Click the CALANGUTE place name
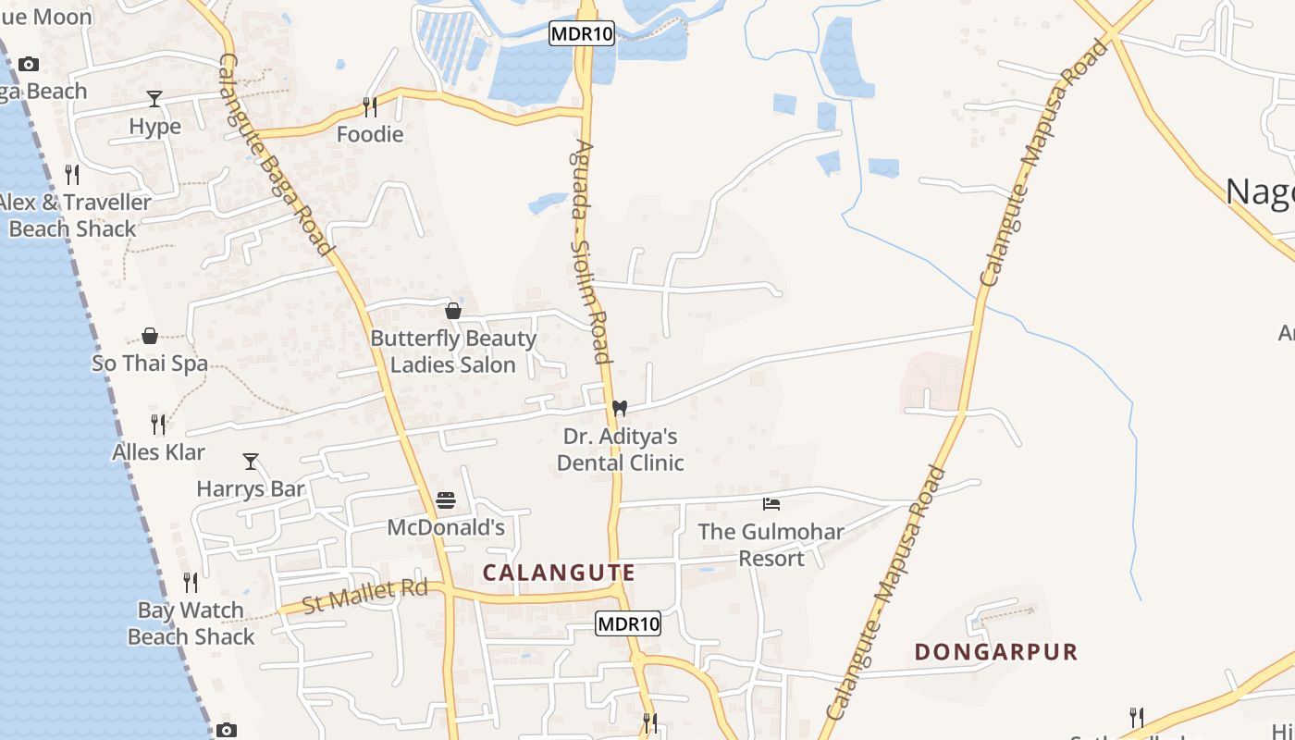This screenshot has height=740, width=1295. point(559,573)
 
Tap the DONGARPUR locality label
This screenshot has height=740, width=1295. point(996,652)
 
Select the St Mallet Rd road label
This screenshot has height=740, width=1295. point(364,596)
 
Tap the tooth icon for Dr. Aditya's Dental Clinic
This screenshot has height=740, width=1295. point(620,408)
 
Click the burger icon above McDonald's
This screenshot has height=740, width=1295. point(446,500)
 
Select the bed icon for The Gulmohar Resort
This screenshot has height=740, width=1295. point(771,504)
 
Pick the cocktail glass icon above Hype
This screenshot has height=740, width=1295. point(154,99)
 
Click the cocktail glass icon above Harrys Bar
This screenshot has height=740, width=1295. point(251,461)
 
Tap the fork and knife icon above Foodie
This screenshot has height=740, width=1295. point(370,107)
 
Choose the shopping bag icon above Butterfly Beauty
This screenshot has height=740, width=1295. point(453,311)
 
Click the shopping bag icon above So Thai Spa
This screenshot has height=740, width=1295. point(150,336)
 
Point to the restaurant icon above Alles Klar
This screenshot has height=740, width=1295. point(158,425)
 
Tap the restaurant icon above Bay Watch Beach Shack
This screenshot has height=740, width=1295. point(191,583)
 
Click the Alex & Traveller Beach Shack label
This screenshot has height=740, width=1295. point(74,216)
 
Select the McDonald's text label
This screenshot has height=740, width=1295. point(446,528)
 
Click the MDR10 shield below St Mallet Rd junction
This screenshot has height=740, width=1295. point(628,624)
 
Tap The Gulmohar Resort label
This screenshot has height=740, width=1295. point(771,545)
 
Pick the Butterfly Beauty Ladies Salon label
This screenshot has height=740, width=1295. point(453,351)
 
